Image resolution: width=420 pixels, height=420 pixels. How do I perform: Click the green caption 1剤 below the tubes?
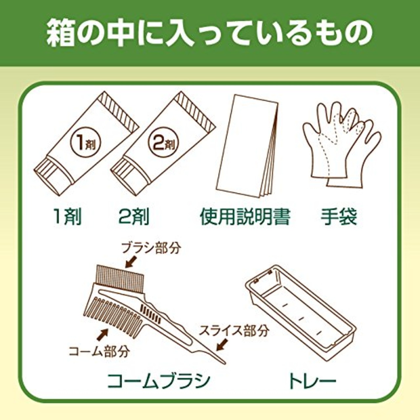pos(67,217)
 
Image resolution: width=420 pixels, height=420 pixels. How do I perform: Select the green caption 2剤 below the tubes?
pos(134,217)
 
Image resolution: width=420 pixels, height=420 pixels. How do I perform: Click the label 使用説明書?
pos(245,217)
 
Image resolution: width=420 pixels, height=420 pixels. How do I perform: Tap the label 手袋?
pos(339,217)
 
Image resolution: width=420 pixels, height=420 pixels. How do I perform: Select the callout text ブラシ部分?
pos(151,248)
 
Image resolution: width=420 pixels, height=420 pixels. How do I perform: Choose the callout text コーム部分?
pos(99,351)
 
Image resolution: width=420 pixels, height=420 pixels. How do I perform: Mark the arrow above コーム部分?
pos(102,335)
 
